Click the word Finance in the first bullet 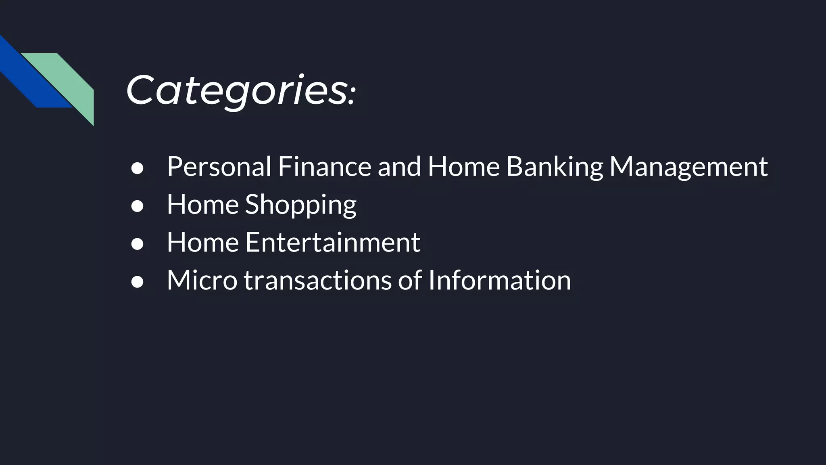(324, 166)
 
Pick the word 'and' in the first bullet (399, 166)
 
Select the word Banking (555, 166)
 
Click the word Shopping (301, 205)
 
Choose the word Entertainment (333, 242)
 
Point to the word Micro (202, 280)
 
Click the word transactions (318, 280)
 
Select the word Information (499, 280)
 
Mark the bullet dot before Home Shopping (137, 206)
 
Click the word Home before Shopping (203, 205)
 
